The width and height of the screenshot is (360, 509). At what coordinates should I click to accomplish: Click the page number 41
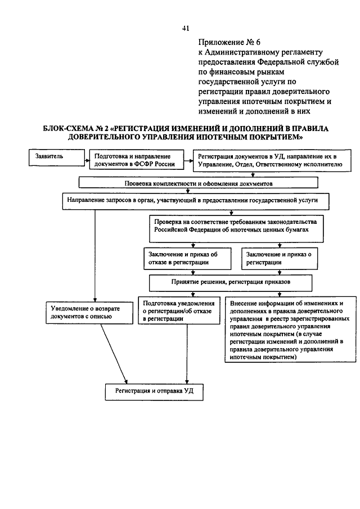(186, 29)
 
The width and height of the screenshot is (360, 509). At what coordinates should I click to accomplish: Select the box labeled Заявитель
(57, 158)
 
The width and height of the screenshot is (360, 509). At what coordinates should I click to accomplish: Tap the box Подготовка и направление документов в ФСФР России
(137, 160)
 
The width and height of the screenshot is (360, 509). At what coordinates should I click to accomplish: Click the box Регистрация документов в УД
(272, 160)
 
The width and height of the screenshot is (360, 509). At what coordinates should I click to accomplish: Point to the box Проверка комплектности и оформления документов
(199, 182)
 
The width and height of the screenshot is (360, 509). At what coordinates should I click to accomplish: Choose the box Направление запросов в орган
(196, 201)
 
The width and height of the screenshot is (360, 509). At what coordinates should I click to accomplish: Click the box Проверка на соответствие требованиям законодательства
(236, 229)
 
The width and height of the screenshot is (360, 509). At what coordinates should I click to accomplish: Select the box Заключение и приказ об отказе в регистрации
(188, 259)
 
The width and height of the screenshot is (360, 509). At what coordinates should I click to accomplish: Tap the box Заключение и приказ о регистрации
(280, 259)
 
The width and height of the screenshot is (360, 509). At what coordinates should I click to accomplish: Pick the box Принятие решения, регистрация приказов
(231, 283)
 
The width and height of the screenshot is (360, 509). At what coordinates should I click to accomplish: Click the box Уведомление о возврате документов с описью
(89, 313)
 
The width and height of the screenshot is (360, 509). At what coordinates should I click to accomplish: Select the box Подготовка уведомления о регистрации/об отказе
(179, 310)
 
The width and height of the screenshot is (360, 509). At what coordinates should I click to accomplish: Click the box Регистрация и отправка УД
(154, 392)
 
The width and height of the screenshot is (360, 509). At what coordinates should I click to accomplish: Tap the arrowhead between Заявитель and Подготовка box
(88, 160)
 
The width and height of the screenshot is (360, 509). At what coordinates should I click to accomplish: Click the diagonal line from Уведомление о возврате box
(114, 354)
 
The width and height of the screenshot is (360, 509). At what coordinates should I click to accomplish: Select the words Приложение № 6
(229, 42)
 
